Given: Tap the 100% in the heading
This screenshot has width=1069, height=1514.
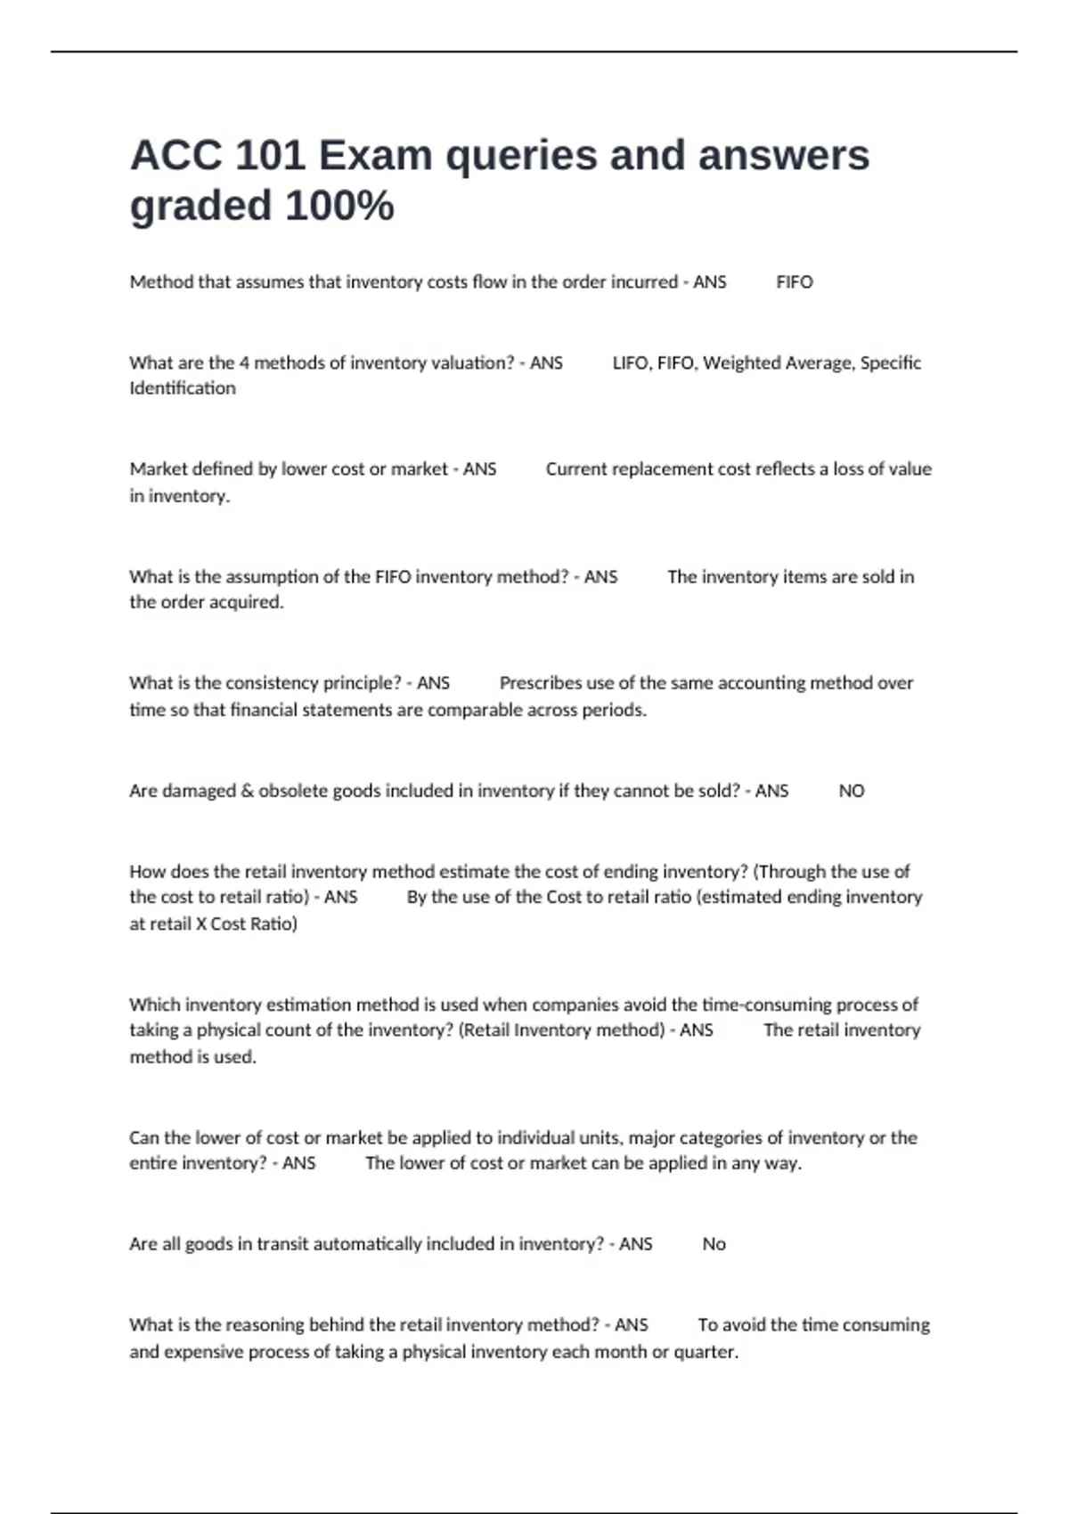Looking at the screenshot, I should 339,207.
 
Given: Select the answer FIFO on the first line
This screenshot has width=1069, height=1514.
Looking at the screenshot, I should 794,282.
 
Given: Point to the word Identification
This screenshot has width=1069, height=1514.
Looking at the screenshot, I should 183,388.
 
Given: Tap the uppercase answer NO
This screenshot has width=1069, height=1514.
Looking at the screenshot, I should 851,791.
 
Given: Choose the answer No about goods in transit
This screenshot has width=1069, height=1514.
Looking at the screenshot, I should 714,1244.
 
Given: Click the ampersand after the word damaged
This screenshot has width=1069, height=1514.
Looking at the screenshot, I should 247,791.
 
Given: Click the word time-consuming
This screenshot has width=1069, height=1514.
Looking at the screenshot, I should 766,1005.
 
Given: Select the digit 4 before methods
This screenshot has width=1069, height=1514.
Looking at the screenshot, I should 244,363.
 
